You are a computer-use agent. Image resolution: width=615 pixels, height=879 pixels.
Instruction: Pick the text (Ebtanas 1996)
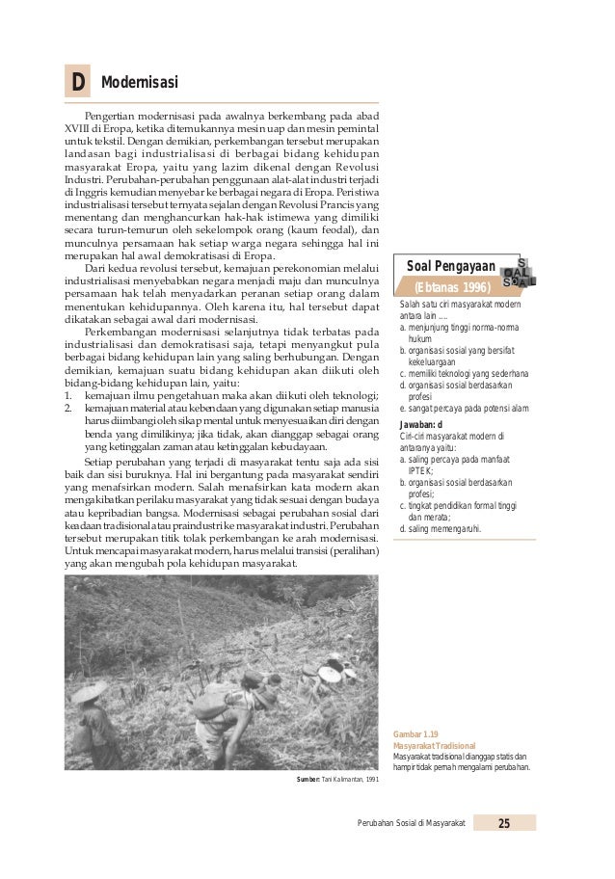[451, 287]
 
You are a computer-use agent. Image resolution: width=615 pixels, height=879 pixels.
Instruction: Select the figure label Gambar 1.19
[415, 734]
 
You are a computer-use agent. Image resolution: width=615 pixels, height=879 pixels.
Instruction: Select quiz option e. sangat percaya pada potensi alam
[464, 409]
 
